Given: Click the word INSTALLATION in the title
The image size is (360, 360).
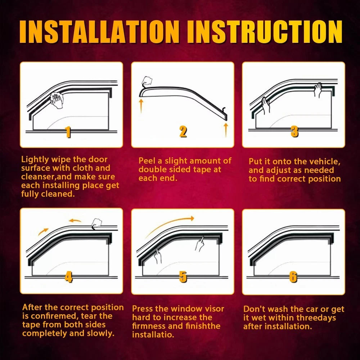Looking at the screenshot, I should point(99,32).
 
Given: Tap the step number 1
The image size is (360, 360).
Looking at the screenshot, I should point(68,132).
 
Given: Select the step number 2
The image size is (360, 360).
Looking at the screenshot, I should point(183,132).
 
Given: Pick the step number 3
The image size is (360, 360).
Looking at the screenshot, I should point(294,132).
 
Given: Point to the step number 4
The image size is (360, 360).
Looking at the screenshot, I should point(68,276).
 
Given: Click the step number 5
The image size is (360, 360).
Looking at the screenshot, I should point(183,276).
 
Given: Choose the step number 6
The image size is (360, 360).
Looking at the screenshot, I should point(293,276).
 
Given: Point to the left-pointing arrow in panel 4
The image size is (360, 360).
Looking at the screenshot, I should point(75,220).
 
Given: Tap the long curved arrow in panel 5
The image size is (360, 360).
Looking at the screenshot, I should point(169,226).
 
